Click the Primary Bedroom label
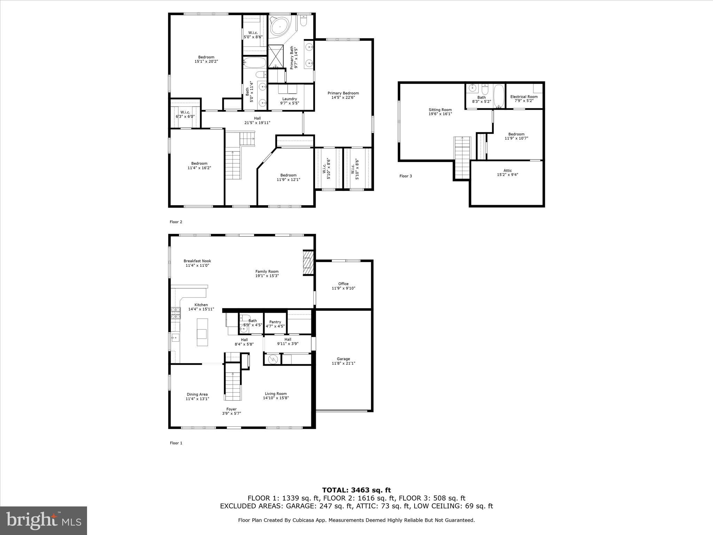(343, 93)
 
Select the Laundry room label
(289, 99)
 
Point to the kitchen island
(202, 332)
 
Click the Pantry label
(275, 322)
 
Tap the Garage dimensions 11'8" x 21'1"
(343, 363)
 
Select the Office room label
(343, 284)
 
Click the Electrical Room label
(524, 97)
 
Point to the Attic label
(507, 171)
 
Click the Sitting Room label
(440, 110)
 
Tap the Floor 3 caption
(406, 176)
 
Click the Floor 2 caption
(176, 222)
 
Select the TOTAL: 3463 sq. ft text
(356, 490)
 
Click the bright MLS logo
(44, 520)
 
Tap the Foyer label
(232, 409)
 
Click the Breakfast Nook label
(197, 261)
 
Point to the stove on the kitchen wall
(176, 313)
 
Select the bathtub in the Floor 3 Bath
(499, 96)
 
